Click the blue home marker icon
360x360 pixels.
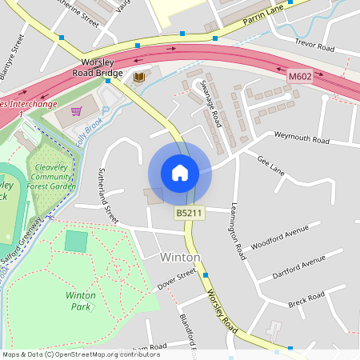[180, 173]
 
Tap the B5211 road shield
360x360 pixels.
[190, 213]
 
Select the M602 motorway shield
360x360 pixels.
[299, 75]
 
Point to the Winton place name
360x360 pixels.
[179, 258]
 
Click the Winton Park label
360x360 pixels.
[80, 300]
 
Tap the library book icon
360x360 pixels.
[140, 76]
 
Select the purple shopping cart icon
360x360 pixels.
[76, 111]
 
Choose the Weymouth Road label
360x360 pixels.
[301, 139]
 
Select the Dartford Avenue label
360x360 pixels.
[297, 265]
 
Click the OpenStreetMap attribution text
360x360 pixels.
[81, 354]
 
